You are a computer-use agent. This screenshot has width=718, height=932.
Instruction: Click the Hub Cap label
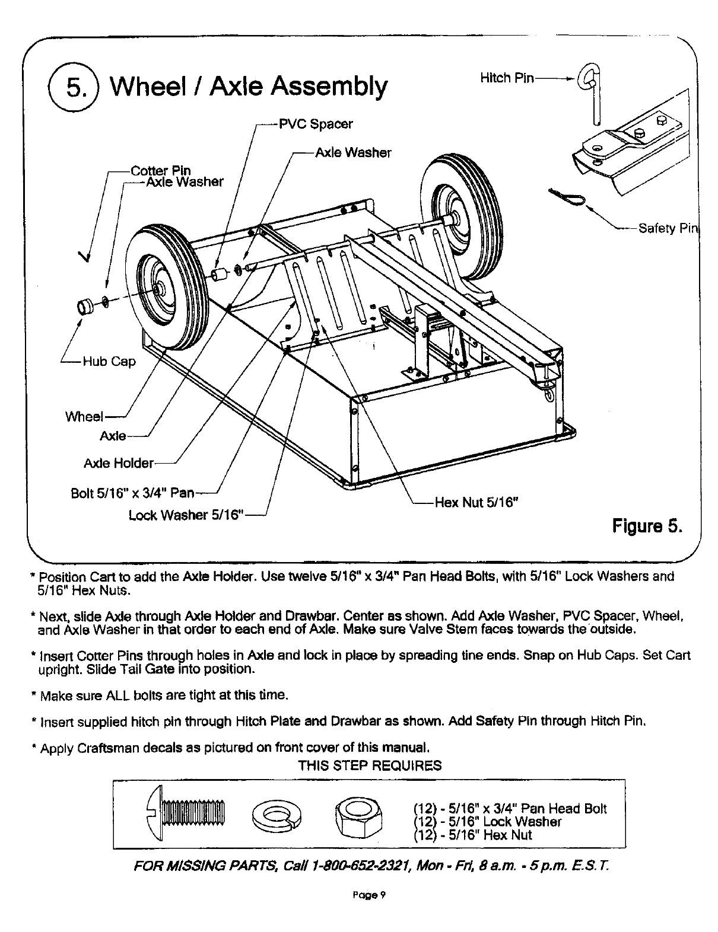tap(109, 361)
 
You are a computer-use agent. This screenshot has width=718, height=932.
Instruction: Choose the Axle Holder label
tap(119, 462)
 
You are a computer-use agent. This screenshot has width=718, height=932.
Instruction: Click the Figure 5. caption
tap(648, 526)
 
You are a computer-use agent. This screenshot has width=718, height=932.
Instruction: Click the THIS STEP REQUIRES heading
tap(370, 765)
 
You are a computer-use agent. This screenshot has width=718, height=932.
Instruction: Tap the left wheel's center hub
tap(158, 288)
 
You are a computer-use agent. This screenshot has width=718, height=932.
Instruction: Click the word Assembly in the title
tap(328, 87)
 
